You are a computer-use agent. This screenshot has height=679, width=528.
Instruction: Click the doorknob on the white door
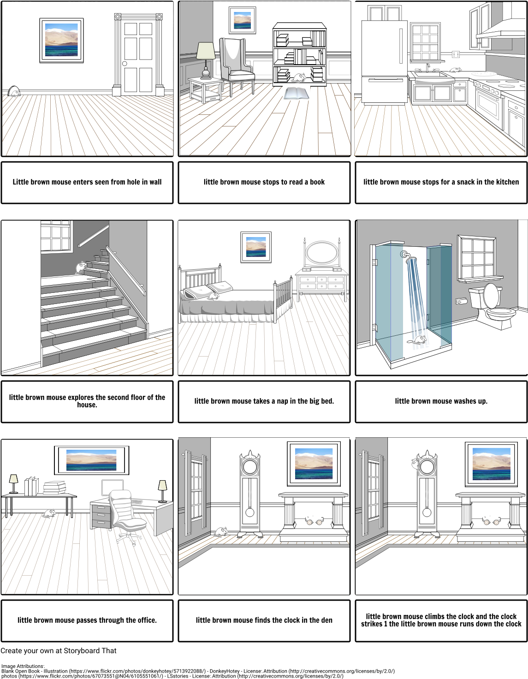tap(125, 64)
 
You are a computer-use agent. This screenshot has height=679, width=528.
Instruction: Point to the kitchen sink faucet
tap(428, 67)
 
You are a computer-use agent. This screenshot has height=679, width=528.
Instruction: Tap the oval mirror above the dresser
tap(321, 253)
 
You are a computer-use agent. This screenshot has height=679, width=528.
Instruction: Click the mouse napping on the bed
tap(213, 296)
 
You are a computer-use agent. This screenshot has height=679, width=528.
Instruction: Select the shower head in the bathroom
tap(406, 256)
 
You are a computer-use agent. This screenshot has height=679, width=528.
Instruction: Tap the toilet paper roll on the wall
tap(461, 301)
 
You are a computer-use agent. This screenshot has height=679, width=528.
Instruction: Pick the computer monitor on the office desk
tap(112, 487)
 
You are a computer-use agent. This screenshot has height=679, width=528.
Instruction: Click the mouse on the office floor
tap(49, 513)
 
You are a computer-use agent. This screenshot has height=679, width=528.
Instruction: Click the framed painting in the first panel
tap(62, 40)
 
